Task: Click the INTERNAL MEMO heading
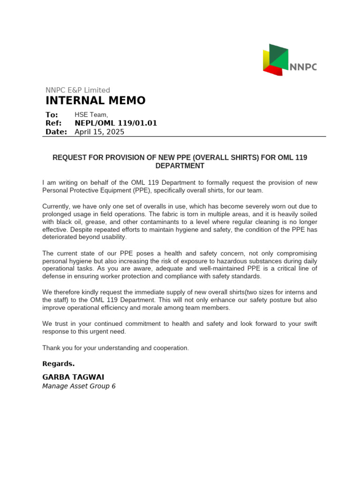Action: [x=95, y=101]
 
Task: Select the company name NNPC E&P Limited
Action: [x=77, y=90]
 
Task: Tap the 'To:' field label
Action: [x=52, y=115]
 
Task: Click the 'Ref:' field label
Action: [x=53, y=123]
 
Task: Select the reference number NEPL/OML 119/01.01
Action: [x=116, y=123]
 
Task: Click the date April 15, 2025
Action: [x=99, y=132]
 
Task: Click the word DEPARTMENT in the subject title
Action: [x=180, y=166]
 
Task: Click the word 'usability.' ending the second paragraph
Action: [x=111, y=237]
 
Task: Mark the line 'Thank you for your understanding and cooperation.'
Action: [x=115, y=348]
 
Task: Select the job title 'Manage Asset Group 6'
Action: [x=79, y=386]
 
